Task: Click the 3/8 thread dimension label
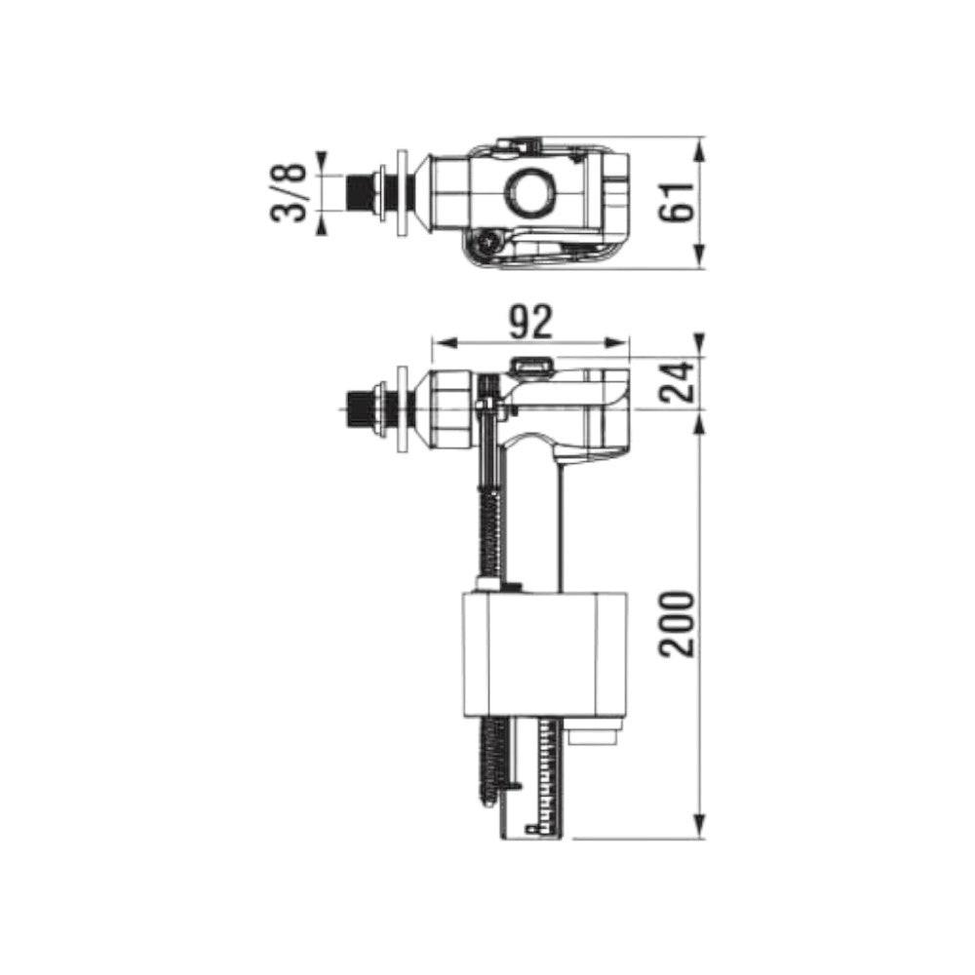click(290, 193)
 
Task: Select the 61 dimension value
click(676, 202)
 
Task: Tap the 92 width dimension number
click(530, 322)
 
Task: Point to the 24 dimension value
click(676, 381)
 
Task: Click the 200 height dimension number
click(676, 624)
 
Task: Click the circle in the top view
click(530, 191)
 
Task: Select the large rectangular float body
click(545, 654)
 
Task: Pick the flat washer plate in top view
click(403, 193)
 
